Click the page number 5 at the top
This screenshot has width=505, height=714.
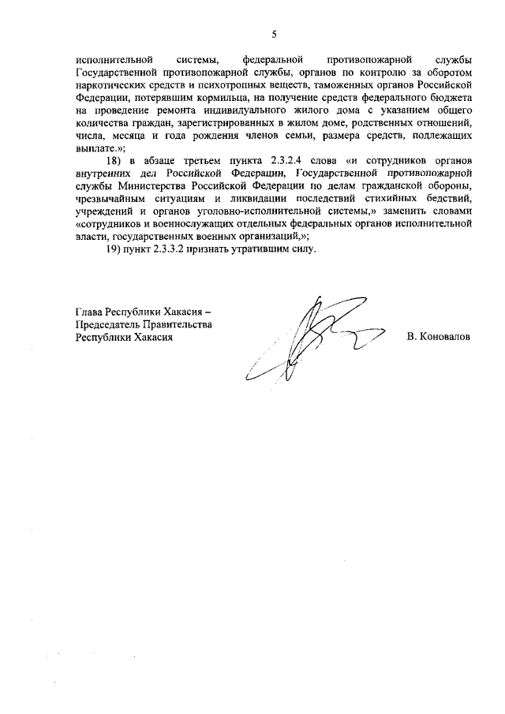click(274, 34)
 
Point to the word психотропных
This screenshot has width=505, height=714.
click(247, 82)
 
